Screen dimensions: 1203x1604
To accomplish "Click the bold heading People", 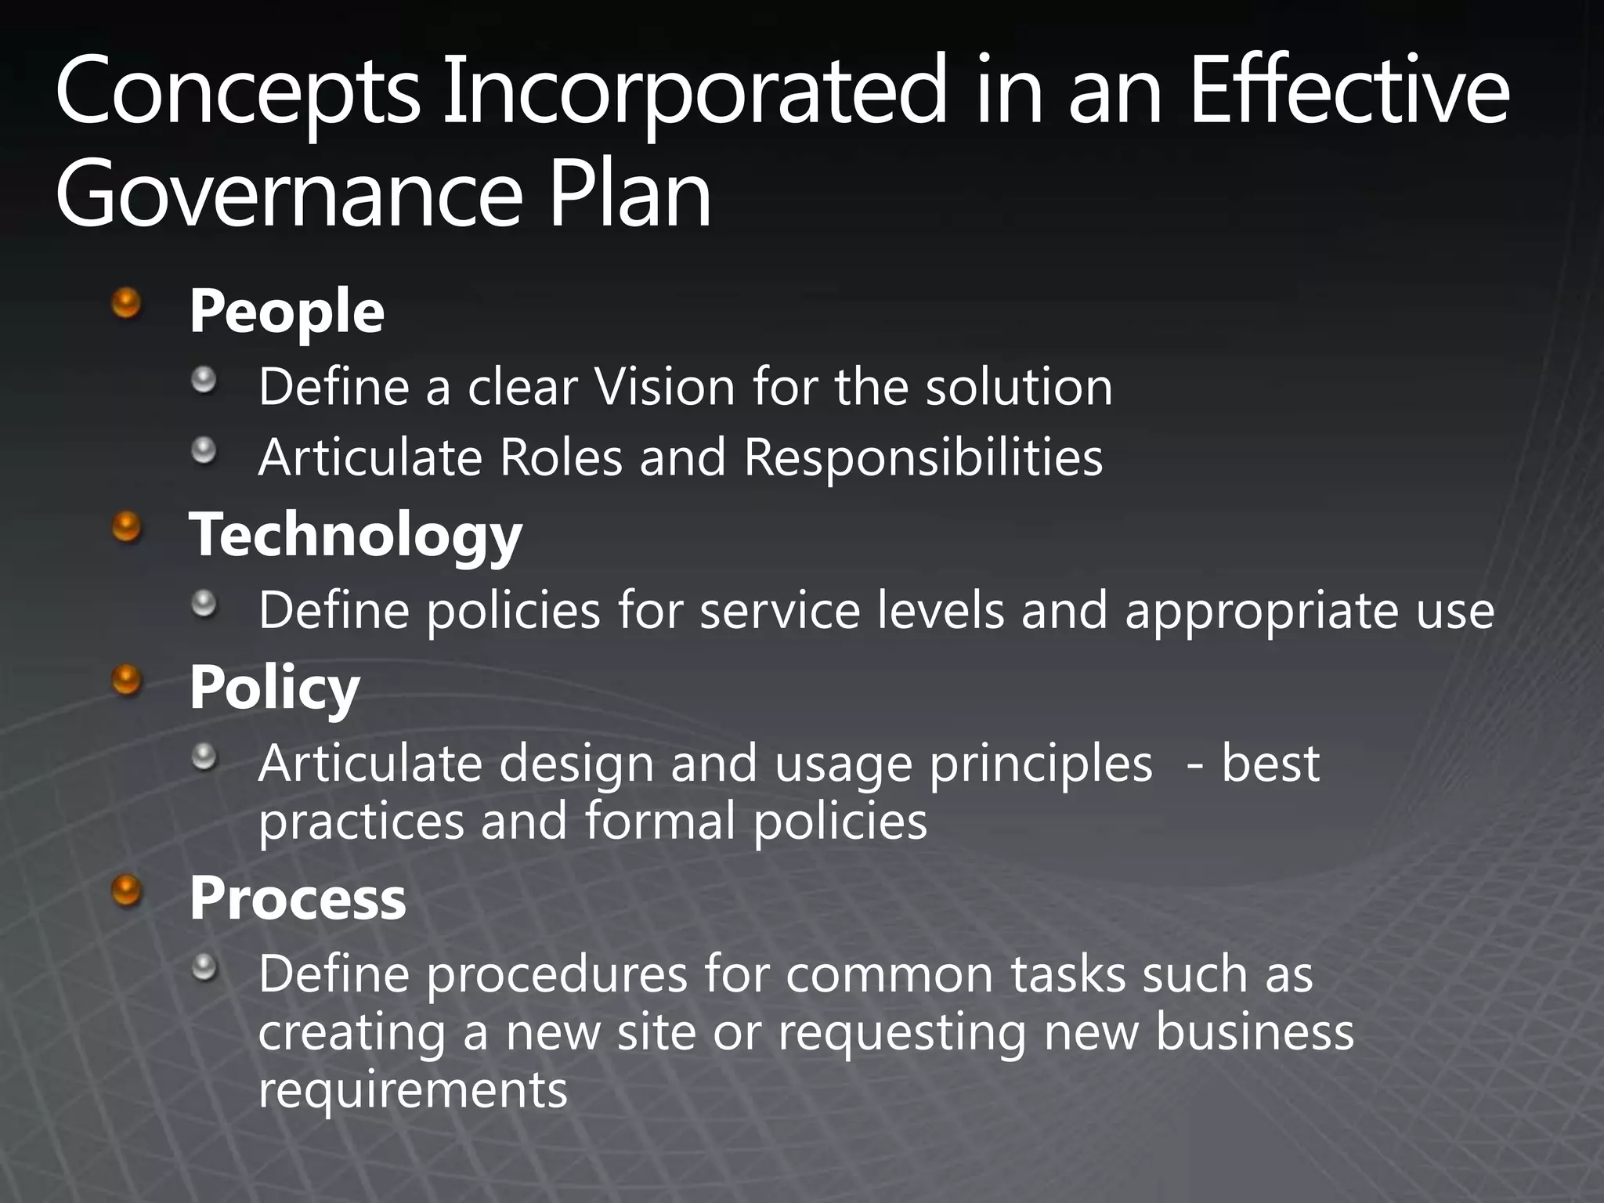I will (x=287, y=312).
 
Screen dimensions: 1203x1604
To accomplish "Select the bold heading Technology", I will (x=356, y=535).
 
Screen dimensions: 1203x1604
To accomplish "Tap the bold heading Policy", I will (x=274, y=688).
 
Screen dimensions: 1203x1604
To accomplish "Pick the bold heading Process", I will (x=298, y=898).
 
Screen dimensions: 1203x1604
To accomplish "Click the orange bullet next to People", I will (x=126, y=303).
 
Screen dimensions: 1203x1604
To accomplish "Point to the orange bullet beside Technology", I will (x=126, y=527).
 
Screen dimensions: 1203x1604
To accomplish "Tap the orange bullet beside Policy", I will (x=126, y=680).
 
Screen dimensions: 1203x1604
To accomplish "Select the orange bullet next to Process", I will (x=126, y=890).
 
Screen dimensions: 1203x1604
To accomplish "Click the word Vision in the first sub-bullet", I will (x=664, y=387).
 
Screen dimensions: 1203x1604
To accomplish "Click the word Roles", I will (x=561, y=457).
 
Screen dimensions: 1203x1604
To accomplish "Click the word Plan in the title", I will (x=630, y=193).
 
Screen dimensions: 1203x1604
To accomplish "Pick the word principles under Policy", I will (x=1041, y=764).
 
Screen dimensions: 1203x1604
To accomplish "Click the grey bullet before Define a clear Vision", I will (x=204, y=381).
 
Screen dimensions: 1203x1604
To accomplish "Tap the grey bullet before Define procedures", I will (x=204, y=968).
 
